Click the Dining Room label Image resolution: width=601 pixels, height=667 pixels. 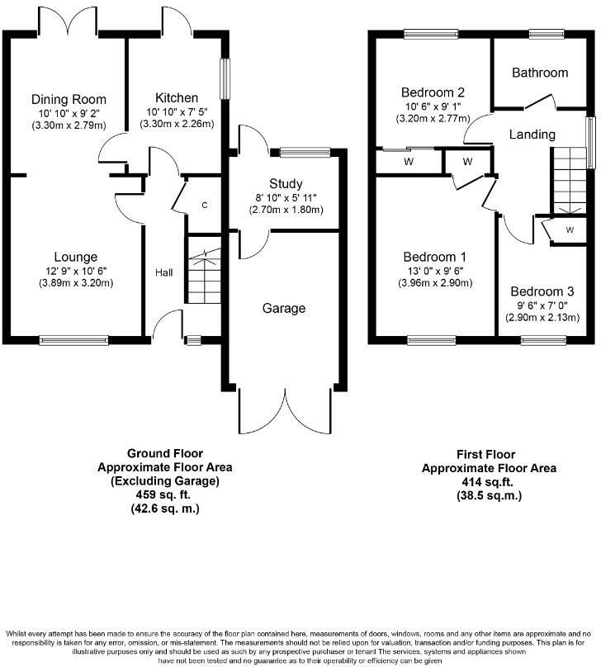(x=69, y=100)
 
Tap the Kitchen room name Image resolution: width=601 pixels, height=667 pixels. (x=177, y=98)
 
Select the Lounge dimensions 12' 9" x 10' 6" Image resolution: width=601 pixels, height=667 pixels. (x=76, y=271)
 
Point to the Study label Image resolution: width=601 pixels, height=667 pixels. (x=286, y=184)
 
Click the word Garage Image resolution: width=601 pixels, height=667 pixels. (x=284, y=309)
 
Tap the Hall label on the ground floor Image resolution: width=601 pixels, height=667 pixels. (x=163, y=272)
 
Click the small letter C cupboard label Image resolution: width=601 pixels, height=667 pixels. (x=205, y=206)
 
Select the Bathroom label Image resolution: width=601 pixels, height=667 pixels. (x=540, y=73)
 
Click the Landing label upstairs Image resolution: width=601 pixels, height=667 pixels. (x=532, y=135)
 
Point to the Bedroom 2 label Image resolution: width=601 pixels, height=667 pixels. (x=433, y=92)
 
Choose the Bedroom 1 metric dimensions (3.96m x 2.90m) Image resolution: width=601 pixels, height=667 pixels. (x=435, y=283)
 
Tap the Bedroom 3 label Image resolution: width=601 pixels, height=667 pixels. (x=542, y=291)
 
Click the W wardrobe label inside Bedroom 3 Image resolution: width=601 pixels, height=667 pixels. (x=570, y=230)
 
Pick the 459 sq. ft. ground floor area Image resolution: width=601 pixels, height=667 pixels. (x=163, y=494)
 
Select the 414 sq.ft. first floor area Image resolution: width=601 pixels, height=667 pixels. (x=487, y=482)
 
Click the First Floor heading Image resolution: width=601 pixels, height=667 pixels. (x=485, y=454)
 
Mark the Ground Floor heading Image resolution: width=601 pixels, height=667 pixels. (x=165, y=453)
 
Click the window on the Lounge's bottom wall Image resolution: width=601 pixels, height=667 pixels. (x=73, y=340)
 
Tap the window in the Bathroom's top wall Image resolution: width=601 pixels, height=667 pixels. (x=547, y=34)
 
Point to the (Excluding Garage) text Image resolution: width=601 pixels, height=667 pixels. (x=165, y=481)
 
